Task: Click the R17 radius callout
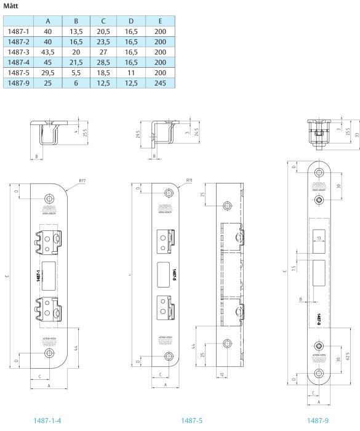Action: point(82,181)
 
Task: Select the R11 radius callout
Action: point(190,181)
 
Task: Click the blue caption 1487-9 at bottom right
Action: point(317,420)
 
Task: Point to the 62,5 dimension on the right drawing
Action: point(348,358)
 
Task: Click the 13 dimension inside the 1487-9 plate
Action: point(319,238)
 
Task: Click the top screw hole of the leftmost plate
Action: point(49,200)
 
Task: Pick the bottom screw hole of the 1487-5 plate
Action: point(168,355)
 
